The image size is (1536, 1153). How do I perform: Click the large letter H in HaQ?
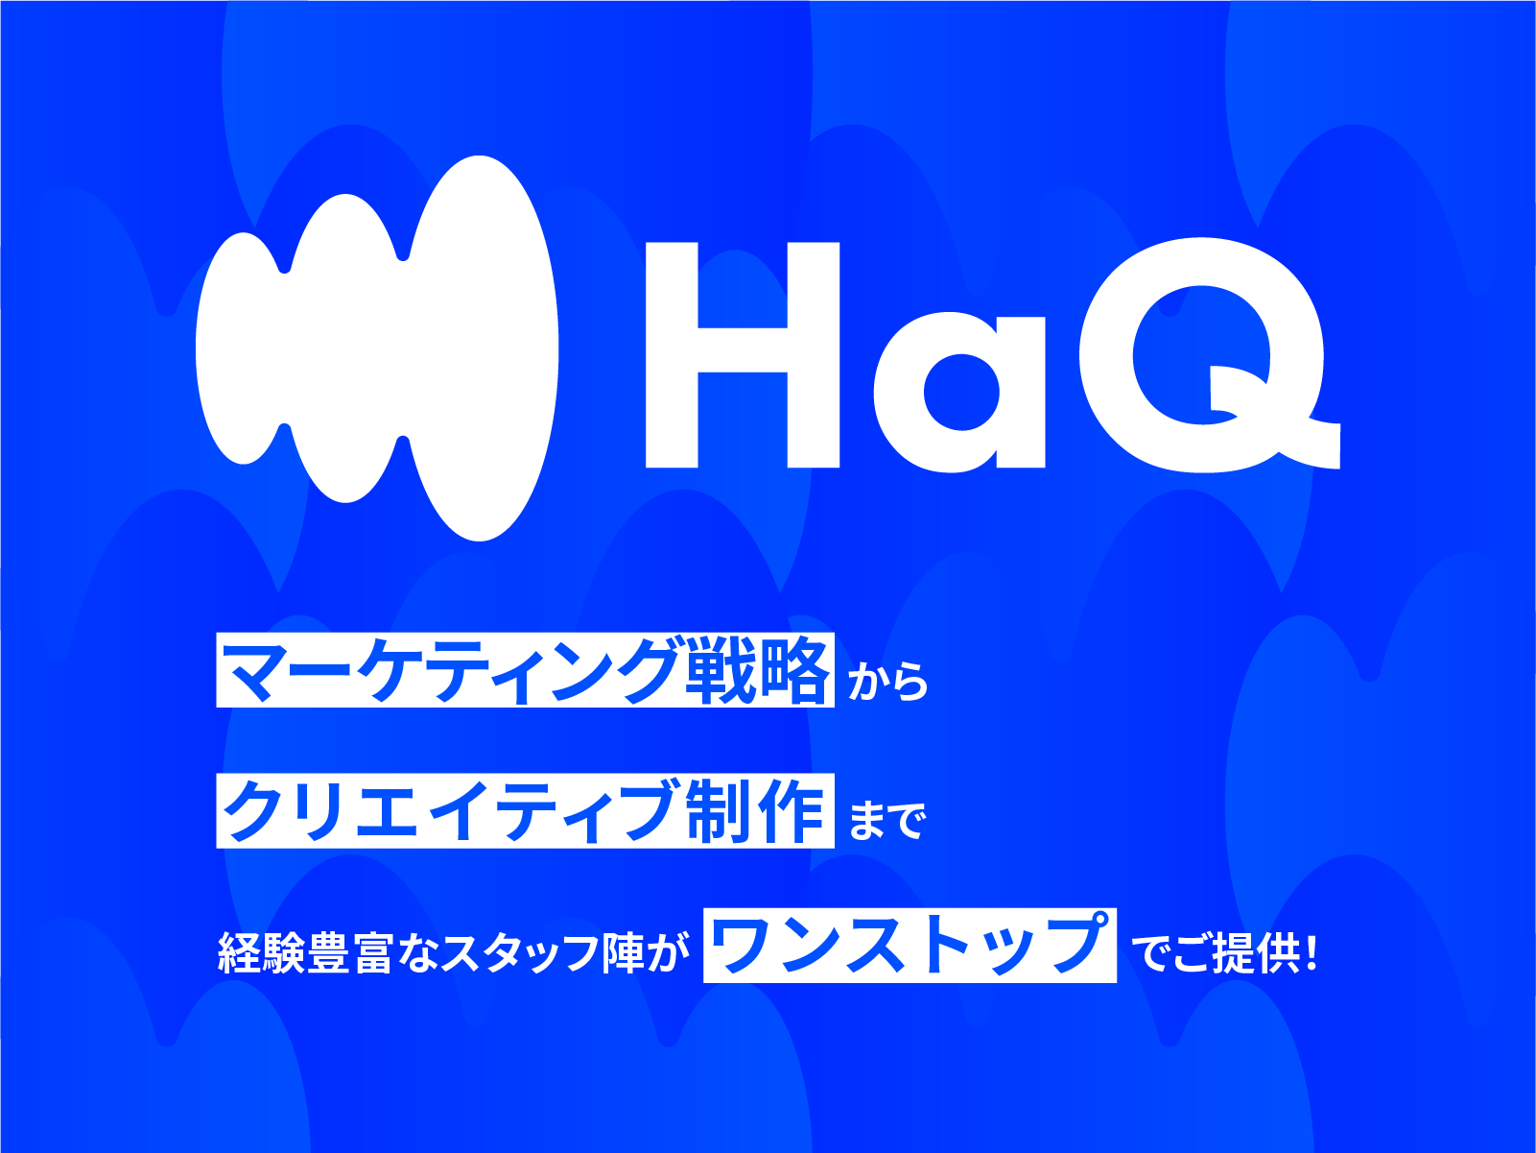[742, 355]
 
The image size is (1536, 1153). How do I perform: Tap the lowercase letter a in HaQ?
[958, 393]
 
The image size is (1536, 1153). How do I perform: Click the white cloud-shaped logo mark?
[376, 348]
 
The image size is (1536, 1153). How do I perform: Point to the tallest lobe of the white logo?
[483, 348]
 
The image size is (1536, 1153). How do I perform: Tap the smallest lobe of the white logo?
[242, 348]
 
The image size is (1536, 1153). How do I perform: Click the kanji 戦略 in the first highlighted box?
[757, 671]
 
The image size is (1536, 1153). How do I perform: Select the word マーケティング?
[451, 671]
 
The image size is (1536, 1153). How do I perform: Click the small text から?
[888, 682]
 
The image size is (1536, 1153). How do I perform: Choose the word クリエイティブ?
[448, 810]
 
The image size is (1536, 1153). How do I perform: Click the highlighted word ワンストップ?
[910, 945]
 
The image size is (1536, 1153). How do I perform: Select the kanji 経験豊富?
[305, 952]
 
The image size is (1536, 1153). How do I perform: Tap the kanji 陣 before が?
[623, 952]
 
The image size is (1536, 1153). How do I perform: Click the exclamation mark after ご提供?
[1312, 952]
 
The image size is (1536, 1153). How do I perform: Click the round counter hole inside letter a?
[962, 392]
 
